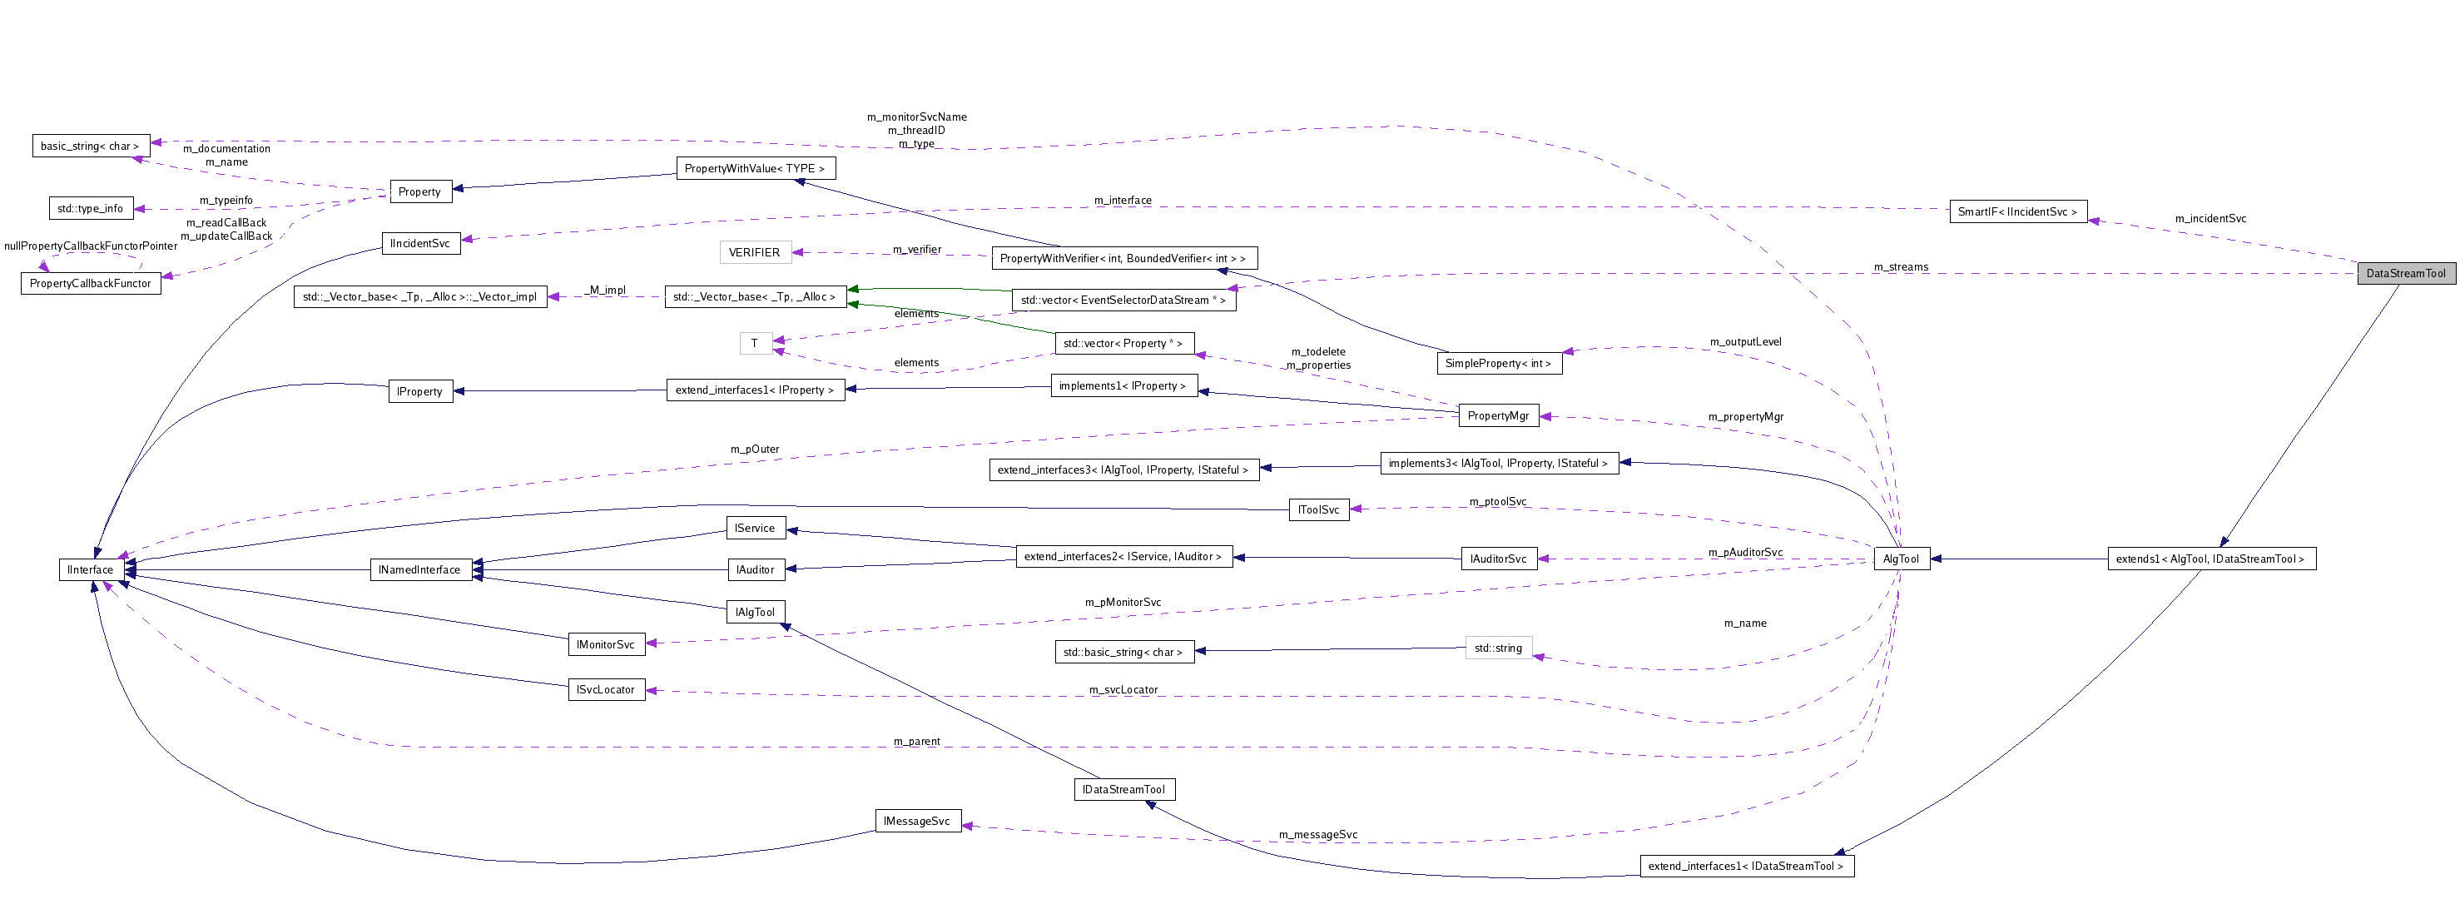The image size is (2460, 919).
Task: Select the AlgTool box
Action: pyautogui.click(x=1901, y=559)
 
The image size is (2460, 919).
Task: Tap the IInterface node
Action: pyautogui.click(x=90, y=569)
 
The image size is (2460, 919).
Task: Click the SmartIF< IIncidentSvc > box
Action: pyautogui.click(x=2017, y=212)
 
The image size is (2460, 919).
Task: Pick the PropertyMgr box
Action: pyautogui.click(x=1497, y=415)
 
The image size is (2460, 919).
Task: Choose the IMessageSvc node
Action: pyautogui.click(x=917, y=821)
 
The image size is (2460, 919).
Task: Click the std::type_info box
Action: pyautogui.click(x=90, y=208)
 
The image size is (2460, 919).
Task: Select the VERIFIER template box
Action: pyautogui.click(x=755, y=252)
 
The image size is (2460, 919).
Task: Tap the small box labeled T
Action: pyautogui.click(x=755, y=343)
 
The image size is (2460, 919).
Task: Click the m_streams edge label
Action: pyautogui.click(x=1901, y=266)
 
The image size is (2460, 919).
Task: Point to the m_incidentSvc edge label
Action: pyautogui.click(x=2210, y=219)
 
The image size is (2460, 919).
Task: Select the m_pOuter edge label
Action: pyautogui.click(x=755, y=449)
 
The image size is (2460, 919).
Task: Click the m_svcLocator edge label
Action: pyautogui.click(x=1123, y=690)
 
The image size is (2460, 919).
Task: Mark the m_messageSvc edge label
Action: pyautogui.click(x=1318, y=835)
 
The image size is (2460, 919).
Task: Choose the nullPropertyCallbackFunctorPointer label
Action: pyautogui.click(x=91, y=246)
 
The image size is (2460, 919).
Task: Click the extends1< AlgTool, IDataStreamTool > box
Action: pyautogui.click(x=2210, y=559)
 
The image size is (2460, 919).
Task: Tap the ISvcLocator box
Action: pyautogui.click(x=606, y=690)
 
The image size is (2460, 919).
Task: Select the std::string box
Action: pyautogui.click(x=1497, y=648)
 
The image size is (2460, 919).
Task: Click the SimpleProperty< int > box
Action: pyautogui.click(x=1497, y=363)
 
